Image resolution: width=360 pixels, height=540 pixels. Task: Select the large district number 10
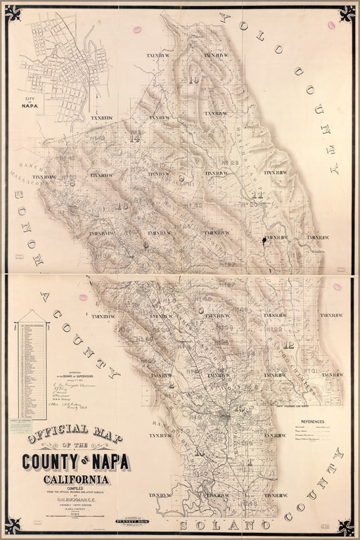(x=193, y=80)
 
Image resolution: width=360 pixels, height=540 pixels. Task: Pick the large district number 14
(x=135, y=139)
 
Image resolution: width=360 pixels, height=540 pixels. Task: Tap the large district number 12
(x=288, y=345)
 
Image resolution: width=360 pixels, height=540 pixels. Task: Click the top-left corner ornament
(x=13, y=13)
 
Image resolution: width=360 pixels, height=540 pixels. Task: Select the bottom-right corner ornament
(x=346, y=527)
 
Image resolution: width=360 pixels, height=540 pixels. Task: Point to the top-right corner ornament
(x=346, y=13)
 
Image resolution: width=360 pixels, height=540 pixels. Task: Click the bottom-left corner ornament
(x=13, y=527)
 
